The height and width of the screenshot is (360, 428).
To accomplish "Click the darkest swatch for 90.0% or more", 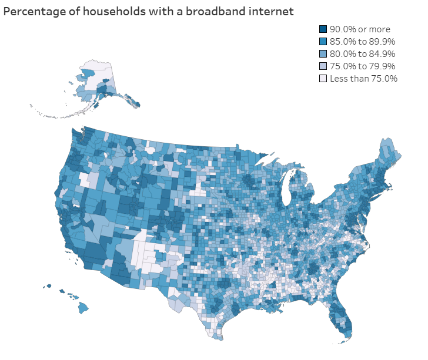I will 323,29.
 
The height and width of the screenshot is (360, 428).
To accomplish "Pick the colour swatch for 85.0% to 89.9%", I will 323,41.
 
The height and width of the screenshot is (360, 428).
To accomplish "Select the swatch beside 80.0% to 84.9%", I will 323,53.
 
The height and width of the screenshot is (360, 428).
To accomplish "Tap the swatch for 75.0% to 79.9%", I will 323,66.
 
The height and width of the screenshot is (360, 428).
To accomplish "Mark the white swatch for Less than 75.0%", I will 323,78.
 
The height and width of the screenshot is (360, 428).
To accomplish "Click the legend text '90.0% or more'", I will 359,29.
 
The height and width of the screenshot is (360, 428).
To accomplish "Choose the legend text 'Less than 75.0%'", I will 363,78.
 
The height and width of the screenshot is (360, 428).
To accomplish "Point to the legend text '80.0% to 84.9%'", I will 362,53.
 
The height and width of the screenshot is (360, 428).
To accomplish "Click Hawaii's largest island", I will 83,307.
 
